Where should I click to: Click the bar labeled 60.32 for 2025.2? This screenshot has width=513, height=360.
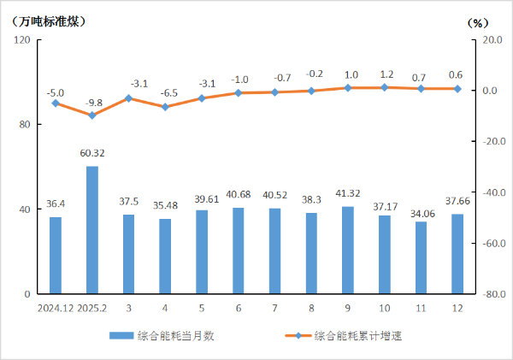point(92,230)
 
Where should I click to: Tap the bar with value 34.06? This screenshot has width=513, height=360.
point(421,257)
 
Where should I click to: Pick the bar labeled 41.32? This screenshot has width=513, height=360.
point(348,250)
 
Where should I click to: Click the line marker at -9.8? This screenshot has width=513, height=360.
point(92,115)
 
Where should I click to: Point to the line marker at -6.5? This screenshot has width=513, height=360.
point(165,107)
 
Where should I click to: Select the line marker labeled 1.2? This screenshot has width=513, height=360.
point(385,87)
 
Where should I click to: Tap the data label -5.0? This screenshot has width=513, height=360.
point(56,92)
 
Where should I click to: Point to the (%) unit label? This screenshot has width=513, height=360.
point(477,22)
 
